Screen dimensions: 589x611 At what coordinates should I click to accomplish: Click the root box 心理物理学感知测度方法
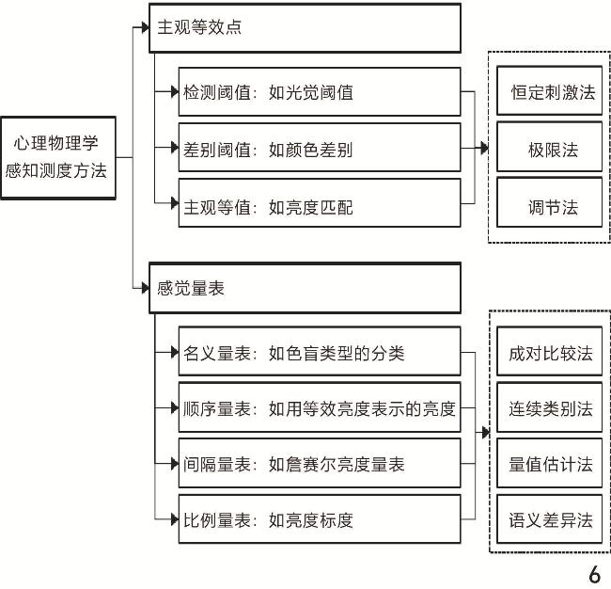point(58,157)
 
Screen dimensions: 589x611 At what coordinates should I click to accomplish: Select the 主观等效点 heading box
point(305,28)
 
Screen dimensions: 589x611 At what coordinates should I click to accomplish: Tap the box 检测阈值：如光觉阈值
point(320,92)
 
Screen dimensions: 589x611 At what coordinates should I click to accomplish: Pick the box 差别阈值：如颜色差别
point(320,148)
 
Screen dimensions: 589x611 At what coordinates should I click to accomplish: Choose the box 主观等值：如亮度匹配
point(320,204)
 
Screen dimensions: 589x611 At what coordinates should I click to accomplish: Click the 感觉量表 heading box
point(305,288)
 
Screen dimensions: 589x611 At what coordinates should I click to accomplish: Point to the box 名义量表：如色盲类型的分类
point(320,352)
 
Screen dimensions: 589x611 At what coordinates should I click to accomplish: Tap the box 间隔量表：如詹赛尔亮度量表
point(320,463)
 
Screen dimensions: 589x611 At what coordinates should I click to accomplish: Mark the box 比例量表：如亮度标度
point(320,518)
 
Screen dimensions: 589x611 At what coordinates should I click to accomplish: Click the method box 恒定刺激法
point(550,92)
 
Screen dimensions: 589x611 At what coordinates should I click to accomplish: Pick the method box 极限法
point(550,148)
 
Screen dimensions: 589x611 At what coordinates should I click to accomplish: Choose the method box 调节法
point(550,204)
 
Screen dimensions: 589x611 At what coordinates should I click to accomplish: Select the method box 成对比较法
point(550,353)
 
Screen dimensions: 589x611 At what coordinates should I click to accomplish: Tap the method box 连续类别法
point(550,408)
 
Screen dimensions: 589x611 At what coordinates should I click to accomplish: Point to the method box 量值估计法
point(550,464)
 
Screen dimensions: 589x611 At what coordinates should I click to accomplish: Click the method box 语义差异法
point(550,519)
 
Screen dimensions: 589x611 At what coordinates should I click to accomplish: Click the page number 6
point(593,575)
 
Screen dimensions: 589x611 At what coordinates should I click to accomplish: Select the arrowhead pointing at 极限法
point(483,148)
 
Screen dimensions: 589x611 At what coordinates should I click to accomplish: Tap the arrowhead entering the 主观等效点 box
point(144,27)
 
